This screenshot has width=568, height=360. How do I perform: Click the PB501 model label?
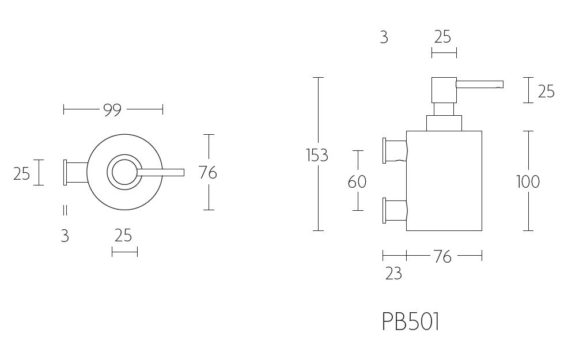(x=411, y=322)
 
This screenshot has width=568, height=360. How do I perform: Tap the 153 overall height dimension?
(x=317, y=156)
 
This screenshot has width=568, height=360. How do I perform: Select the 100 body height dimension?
(x=528, y=182)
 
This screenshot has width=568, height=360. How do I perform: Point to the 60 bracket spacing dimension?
(x=357, y=182)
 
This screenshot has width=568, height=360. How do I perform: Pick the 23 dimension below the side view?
(x=393, y=273)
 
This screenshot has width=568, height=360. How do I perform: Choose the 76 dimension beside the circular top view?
(x=208, y=172)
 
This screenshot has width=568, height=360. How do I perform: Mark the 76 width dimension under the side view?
(x=442, y=257)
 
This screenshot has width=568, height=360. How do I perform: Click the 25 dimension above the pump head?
(x=442, y=37)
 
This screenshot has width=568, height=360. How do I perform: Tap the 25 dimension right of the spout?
(x=546, y=92)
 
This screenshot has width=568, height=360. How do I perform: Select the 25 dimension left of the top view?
(x=21, y=173)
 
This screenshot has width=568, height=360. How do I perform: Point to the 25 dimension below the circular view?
(x=123, y=236)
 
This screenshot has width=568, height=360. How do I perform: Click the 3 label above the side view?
(x=384, y=38)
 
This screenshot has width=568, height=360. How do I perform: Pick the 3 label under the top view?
(x=65, y=236)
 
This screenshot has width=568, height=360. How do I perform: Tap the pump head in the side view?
(x=444, y=90)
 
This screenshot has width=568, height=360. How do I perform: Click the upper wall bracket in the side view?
(x=394, y=150)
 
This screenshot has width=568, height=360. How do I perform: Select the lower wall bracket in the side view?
(x=394, y=210)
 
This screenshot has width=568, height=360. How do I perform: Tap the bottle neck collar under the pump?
(x=444, y=123)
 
